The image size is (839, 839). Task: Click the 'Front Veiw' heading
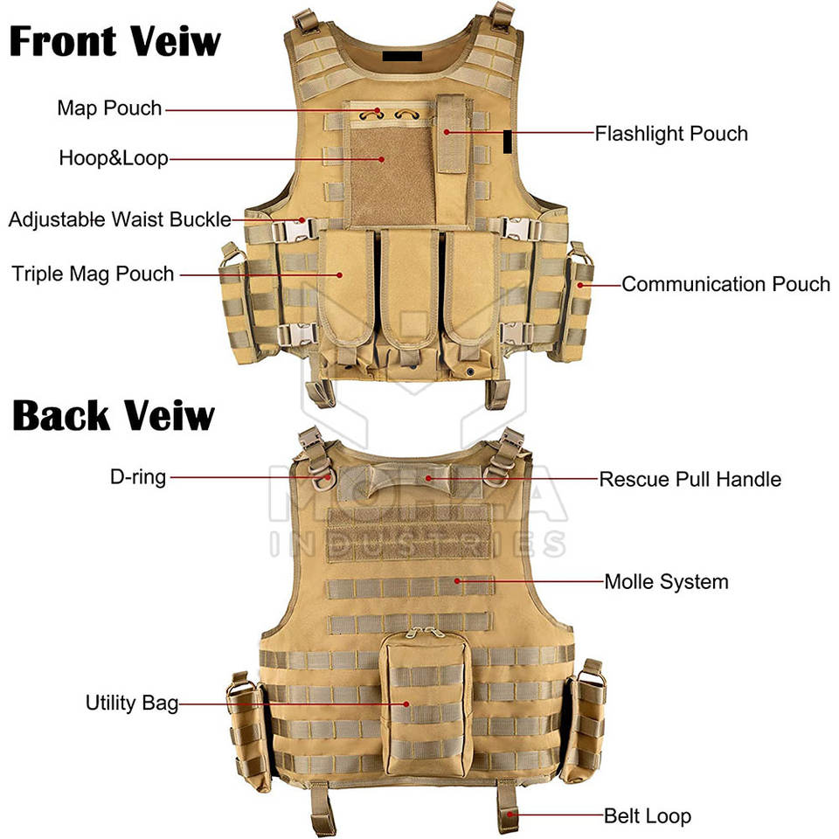[x=115, y=41]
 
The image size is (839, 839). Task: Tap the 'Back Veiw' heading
[x=114, y=415]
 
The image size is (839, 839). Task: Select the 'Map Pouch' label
[x=110, y=108]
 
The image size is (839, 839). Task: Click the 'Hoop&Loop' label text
[x=114, y=158]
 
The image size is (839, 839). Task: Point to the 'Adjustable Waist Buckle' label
[x=120, y=220]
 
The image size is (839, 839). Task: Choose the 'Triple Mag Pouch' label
[x=94, y=274]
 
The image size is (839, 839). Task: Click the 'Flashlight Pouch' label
[x=671, y=134]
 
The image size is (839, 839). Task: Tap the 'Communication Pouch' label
[x=726, y=284]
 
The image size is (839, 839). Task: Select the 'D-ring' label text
[x=138, y=477]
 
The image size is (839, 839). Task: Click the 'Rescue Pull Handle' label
[x=690, y=480]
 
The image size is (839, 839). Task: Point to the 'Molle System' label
[x=667, y=582]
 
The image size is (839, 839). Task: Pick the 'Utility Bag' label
[x=132, y=703]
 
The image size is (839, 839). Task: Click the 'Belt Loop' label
[x=648, y=816]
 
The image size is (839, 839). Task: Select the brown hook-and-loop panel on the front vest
[x=392, y=177]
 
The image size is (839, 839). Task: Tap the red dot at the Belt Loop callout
[x=510, y=815]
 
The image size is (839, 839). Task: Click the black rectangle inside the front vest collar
[x=402, y=56]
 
